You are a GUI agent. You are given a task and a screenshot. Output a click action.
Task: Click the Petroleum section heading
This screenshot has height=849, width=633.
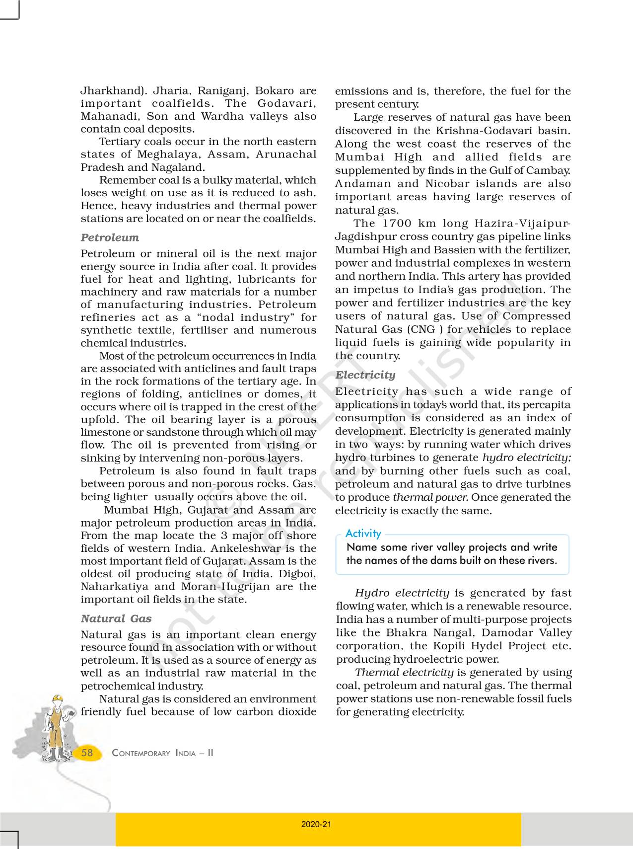110,237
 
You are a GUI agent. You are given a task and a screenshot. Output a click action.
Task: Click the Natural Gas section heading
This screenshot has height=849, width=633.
116,618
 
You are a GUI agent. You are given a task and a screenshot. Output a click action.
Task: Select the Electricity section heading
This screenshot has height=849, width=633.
365,375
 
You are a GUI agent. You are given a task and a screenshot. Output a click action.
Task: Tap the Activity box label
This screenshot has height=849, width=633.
363,534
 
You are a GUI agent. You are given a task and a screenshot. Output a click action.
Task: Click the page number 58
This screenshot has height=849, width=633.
87,753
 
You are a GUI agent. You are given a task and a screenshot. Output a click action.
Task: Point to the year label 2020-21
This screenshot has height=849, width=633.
316,824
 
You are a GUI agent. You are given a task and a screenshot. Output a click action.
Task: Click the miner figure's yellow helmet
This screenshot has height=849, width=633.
58,697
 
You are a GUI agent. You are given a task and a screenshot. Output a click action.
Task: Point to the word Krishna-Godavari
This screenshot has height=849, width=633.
484,131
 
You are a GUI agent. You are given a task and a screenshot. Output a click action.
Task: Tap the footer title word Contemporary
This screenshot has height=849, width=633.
141,753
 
